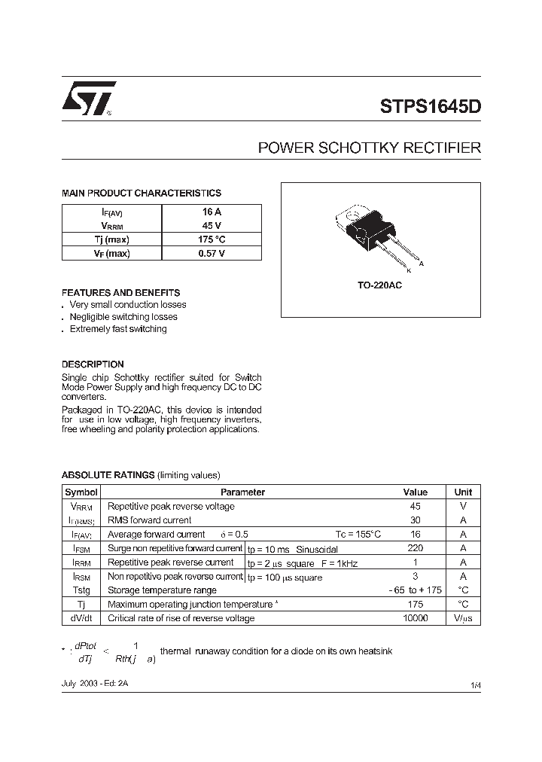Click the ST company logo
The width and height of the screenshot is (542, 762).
pyautogui.click(x=88, y=99)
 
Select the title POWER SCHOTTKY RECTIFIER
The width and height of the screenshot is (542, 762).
pyautogui.click(x=369, y=148)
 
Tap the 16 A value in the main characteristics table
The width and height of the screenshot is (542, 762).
pyautogui.click(x=212, y=212)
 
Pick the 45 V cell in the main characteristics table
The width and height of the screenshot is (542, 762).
pyautogui.click(x=212, y=226)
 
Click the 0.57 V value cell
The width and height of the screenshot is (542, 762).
pyautogui.click(x=212, y=254)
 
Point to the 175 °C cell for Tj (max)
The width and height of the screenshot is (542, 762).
pyautogui.click(x=212, y=239)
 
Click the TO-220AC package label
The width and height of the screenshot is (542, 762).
pyautogui.click(x=379, y=286)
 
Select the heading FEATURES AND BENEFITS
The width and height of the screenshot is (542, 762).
pyautogui.click(x=120, y=292)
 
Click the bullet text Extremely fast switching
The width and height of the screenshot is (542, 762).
pyautogui.click(x=118, y=329)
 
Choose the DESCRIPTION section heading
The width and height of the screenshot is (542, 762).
pyautogui.click(x=93, y=364)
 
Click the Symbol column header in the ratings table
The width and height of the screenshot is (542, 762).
pyautogui.click(x=81, y=492)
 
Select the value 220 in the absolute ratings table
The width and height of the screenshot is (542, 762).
pyautogui.click(x=415, y=548)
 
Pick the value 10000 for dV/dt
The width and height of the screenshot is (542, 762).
pyautogui.click(x=415, y=618)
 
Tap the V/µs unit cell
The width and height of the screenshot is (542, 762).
pyautogui.click(x=463, y=618)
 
